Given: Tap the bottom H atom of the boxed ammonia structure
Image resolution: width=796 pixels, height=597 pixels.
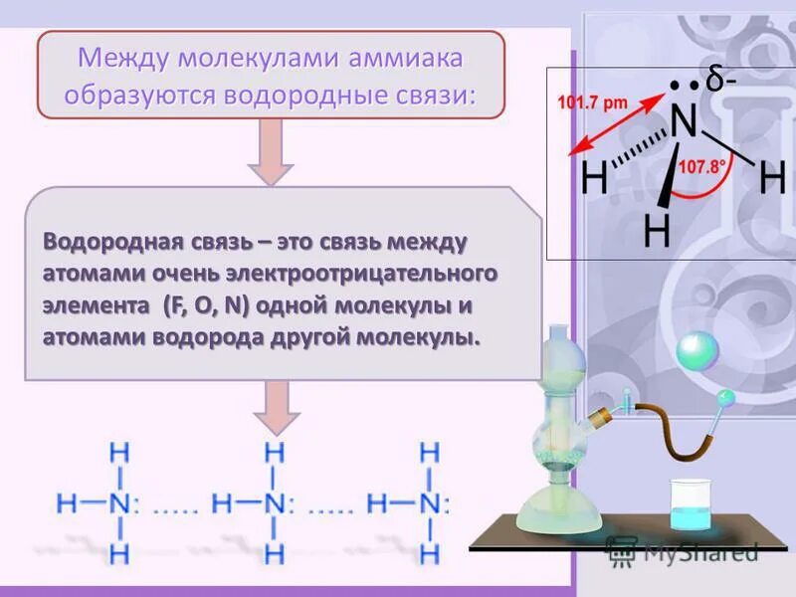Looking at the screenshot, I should coord(657,232).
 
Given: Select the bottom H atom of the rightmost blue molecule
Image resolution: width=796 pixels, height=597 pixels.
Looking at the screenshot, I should coord(430,550).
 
